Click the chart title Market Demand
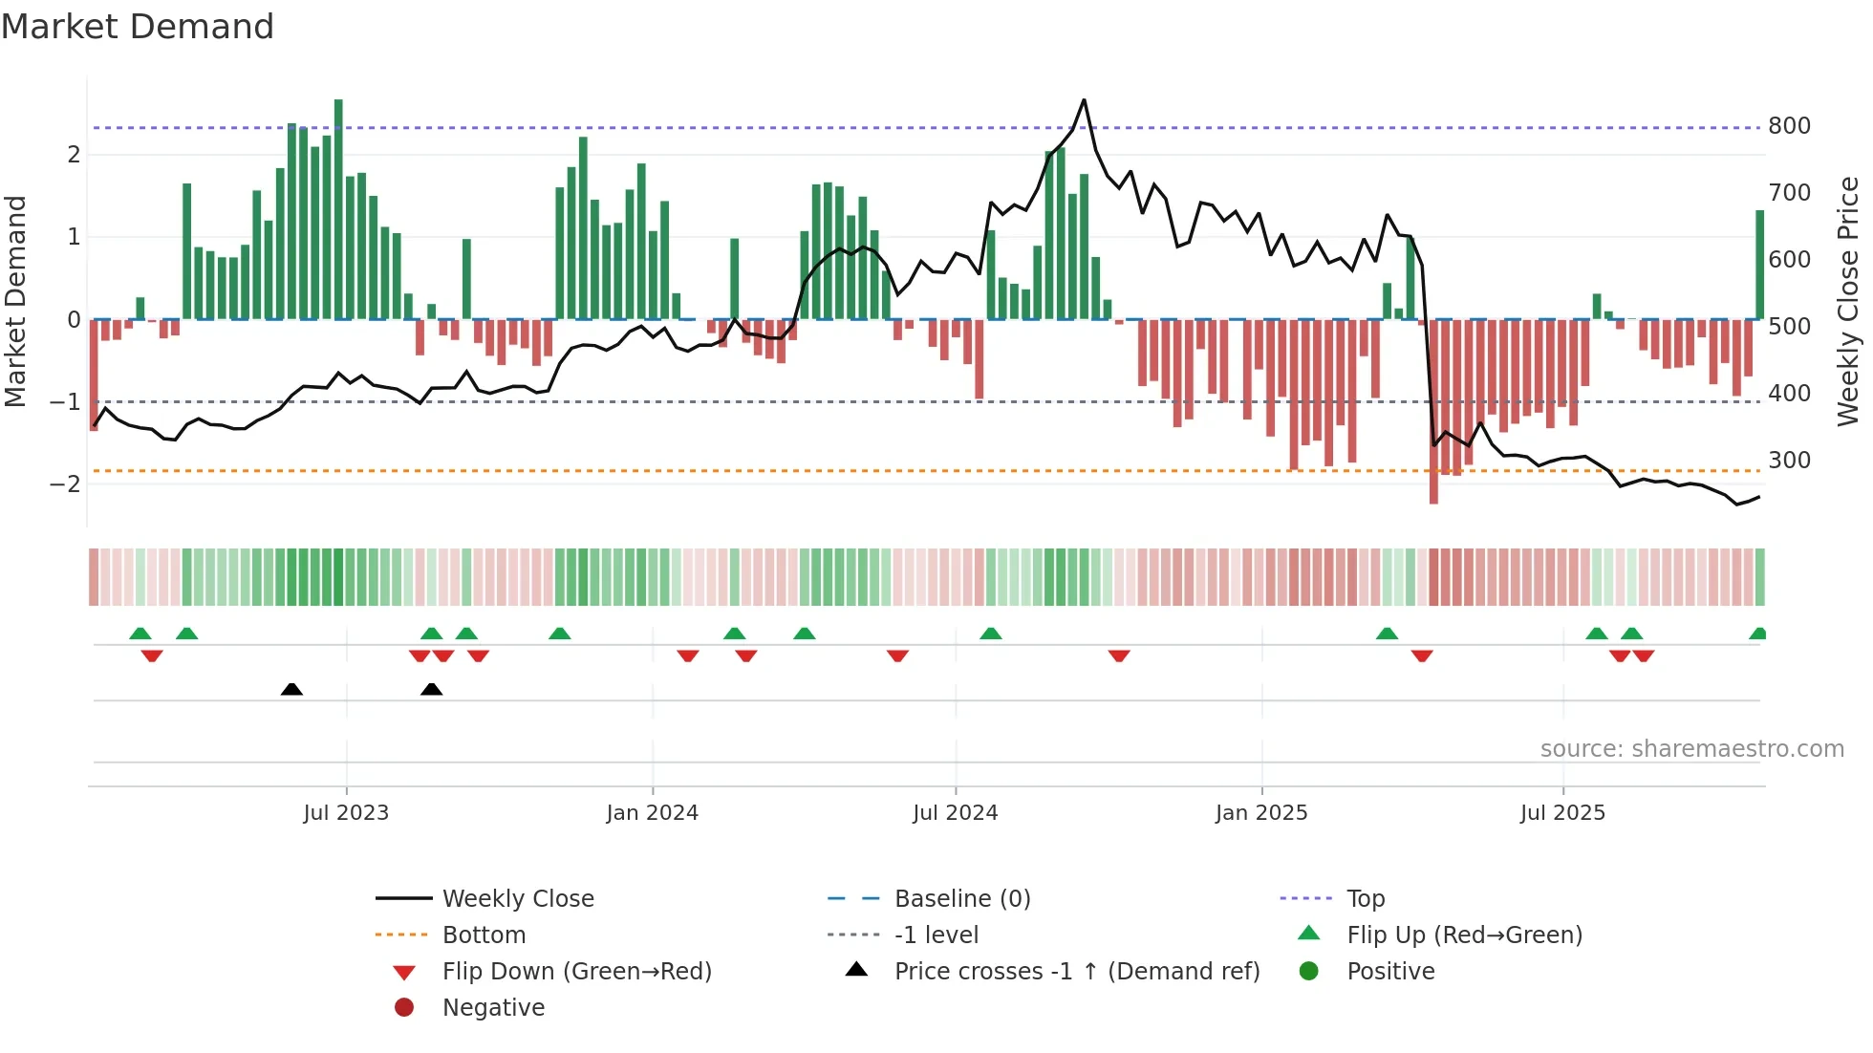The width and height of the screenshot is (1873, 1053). (x=138, y=27)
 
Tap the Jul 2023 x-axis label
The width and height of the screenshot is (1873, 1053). (x=346, y=813)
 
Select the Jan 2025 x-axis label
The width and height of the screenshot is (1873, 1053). (x=1261, y=813)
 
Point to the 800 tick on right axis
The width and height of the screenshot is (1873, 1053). (x=1789, y=126)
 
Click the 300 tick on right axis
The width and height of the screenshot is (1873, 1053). (x=1789, y=461)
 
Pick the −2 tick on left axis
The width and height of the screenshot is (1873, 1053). (x=65, y=484)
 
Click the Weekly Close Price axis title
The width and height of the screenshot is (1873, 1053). (x=1848, y=301)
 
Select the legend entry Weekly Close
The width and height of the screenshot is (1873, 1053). (x=517, y=899)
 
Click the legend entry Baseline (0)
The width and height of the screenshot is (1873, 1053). (x=961, y=899)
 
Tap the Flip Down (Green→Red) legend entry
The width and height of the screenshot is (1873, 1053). (x=576, y=972)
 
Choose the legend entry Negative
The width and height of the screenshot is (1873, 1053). (x=493, y=1008)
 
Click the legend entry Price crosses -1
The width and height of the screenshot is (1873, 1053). (x=1076, y=972)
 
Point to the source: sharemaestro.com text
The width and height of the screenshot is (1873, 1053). (x=1691, y=749)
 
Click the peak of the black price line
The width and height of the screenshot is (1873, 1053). (x=1084, y=100)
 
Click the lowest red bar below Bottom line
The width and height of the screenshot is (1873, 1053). (x=1433, y=497)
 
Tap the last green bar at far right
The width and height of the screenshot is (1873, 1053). (x=1759, y=265)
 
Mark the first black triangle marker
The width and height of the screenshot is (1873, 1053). (x=291, y=689)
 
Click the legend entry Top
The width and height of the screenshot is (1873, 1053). (x=1365, y=899)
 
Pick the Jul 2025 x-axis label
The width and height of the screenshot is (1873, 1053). (x=1562, y=813)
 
